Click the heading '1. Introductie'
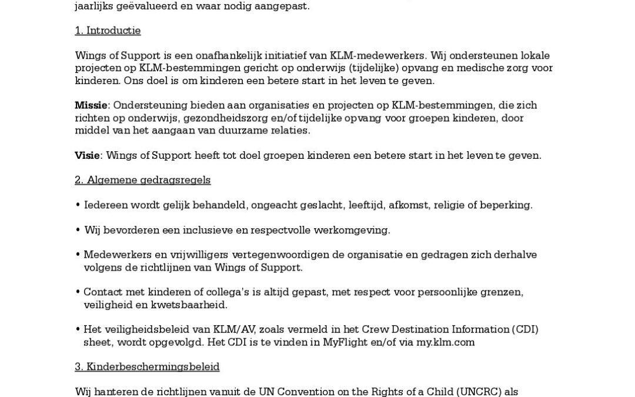pos(108,31)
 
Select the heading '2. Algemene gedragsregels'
pos(142,180)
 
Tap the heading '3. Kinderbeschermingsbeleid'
pos(147,367)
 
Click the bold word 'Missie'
pos(91,105)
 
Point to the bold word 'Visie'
pos(87,155)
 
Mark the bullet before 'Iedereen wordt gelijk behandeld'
pos(78,205)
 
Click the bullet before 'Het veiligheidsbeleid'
pos(78,330)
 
